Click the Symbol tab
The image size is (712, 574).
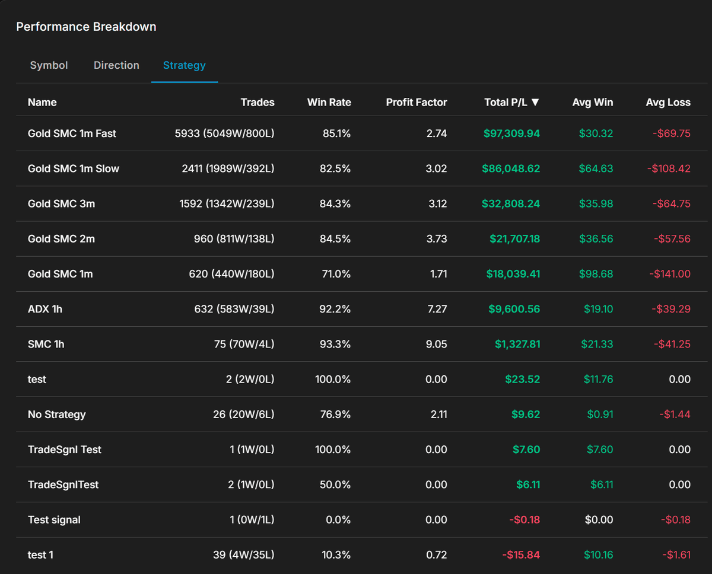tap(49, 65)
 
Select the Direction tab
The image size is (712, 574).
tap(116, 65)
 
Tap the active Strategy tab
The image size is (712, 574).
tap(184, 65)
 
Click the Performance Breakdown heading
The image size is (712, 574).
tap(86, 27)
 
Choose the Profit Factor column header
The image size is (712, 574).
tap(416, 102)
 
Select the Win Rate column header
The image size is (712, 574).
tap(329, 102)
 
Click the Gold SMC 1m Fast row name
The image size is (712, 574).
tap(72, 133)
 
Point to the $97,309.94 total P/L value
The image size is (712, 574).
tap(511, 133)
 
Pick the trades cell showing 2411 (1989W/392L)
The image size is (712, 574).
tap(228, 168)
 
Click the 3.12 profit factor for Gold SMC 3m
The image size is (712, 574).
tap(437, 203)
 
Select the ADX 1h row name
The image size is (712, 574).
tap(45, 309)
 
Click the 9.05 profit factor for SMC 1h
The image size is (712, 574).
tap(436, 344)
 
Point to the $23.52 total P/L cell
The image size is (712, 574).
tap(522, 379)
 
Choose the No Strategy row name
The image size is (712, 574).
tap(56, 414)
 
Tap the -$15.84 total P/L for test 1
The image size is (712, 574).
tap(521, 555)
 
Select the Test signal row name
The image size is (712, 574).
tap(54, 519)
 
